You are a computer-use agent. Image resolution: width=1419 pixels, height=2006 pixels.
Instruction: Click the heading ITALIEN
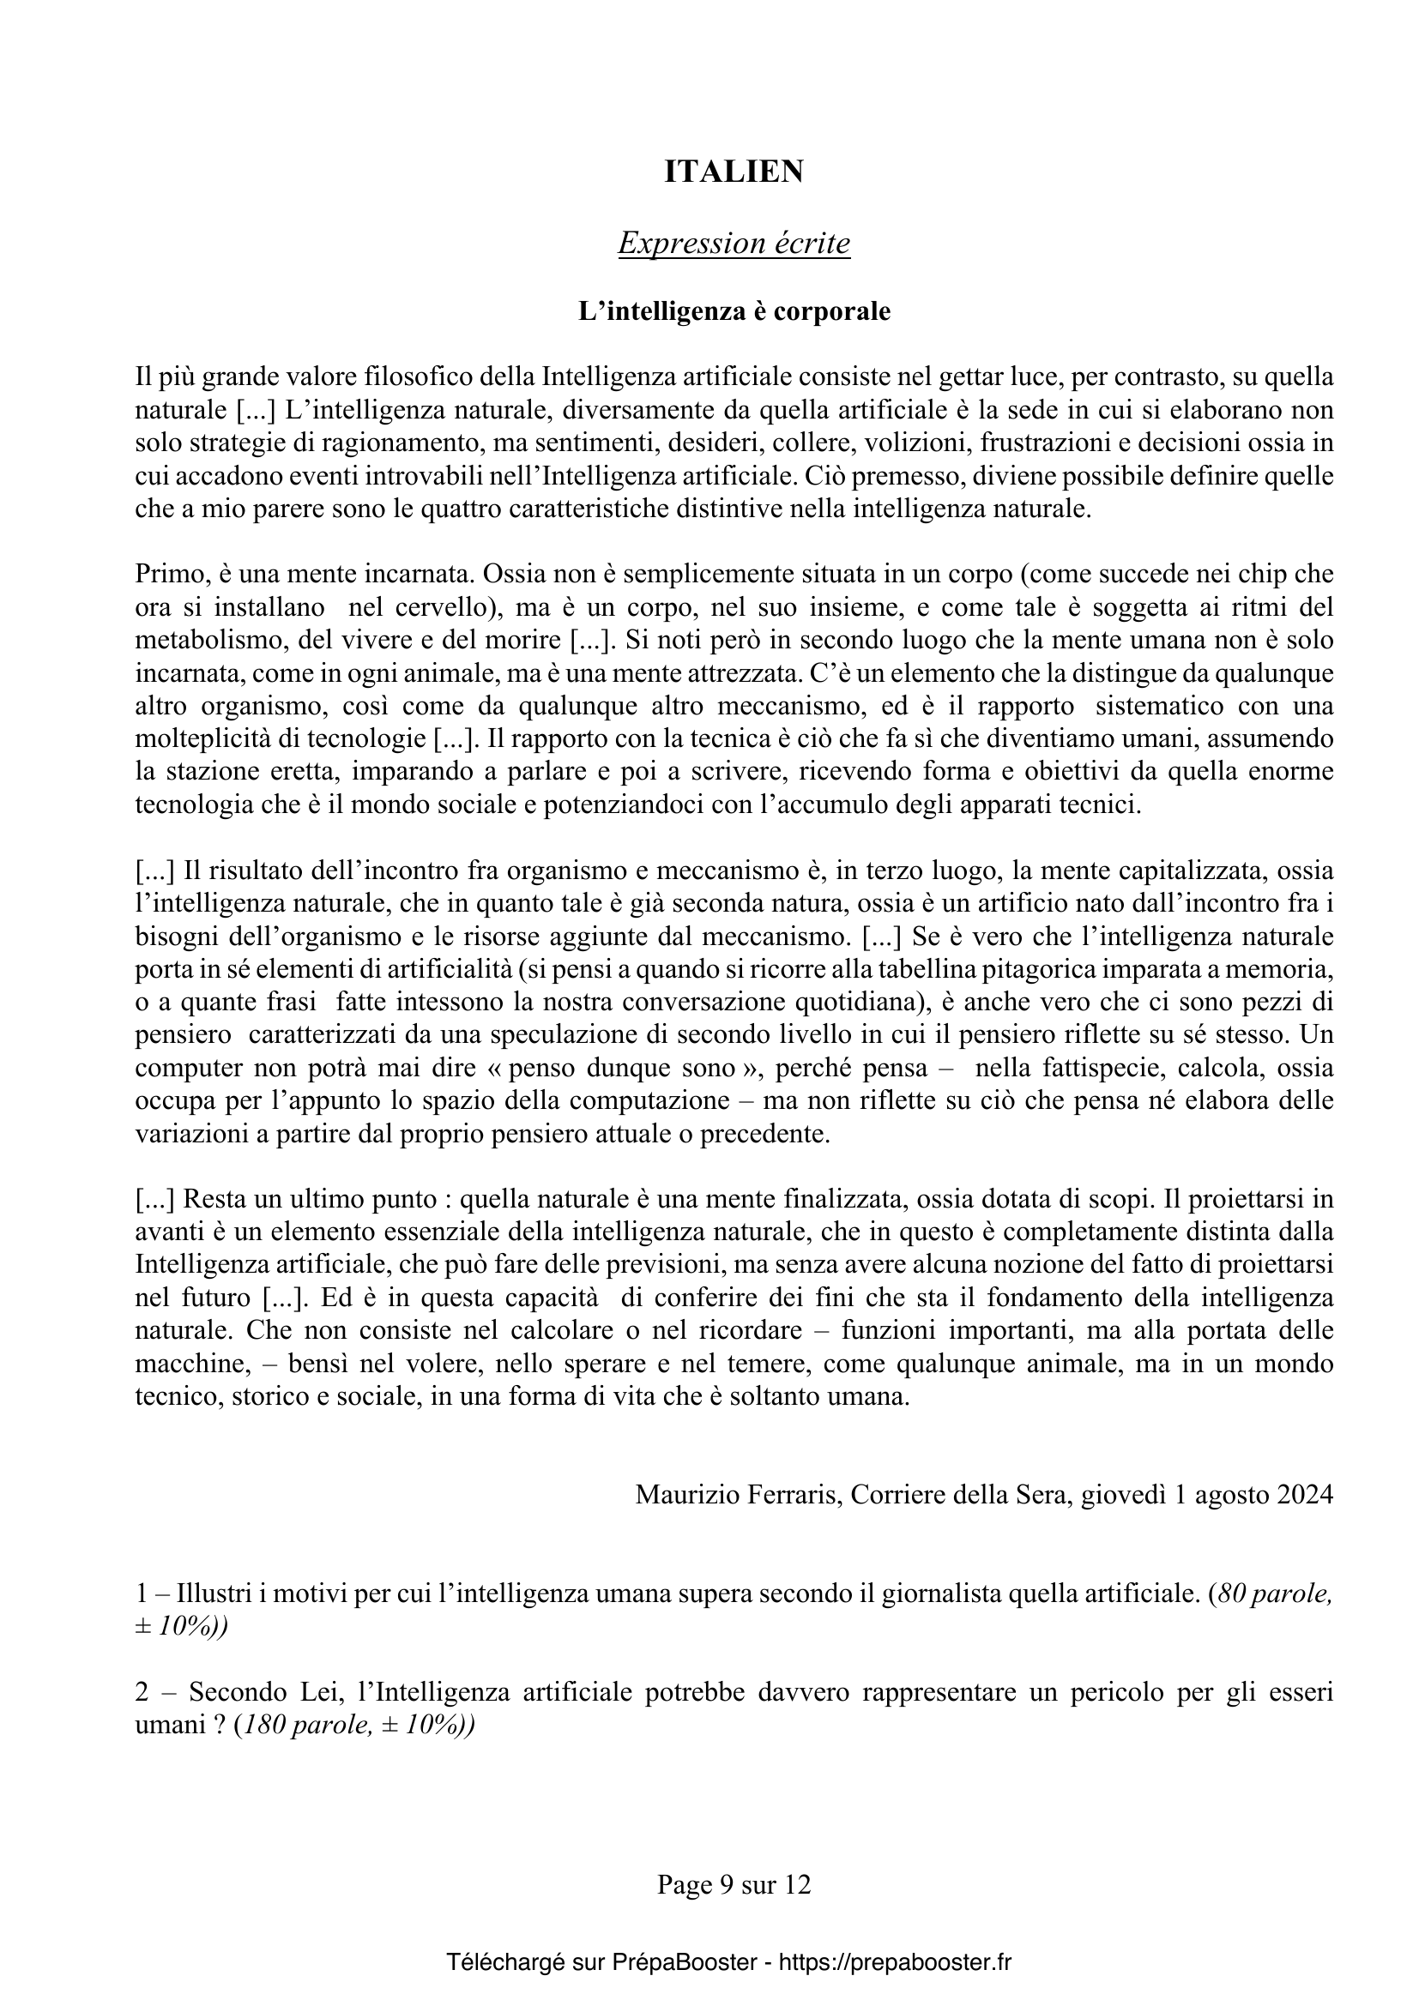(x=734, y=172)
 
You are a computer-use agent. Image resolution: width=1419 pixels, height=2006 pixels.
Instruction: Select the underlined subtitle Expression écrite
(x=734, y=243)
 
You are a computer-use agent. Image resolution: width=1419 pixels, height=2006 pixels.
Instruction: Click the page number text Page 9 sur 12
(x=734, y=1884)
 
